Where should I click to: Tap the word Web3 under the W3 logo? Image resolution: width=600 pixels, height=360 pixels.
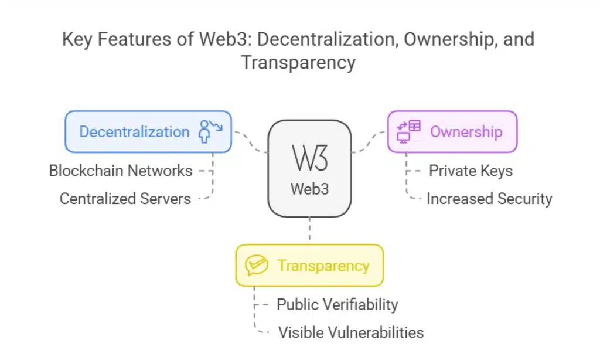coord(309,189)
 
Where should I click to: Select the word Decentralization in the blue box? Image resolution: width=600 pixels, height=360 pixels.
coord(134,132)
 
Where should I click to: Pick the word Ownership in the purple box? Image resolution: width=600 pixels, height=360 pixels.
coord(466,132)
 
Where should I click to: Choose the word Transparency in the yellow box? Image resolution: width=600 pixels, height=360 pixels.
coord(323,266)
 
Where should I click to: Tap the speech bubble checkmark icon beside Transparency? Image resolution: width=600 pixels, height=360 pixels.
coord(256,266)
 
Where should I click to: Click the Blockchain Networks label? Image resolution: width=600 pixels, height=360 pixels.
coord(121,171)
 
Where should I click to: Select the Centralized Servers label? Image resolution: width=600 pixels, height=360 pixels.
coord(125,199)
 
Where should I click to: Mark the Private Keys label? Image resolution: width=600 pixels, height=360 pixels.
coord(471,171)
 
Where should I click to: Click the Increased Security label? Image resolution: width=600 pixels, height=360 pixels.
coord(489,199)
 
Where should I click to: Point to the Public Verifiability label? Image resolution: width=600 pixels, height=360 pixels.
coord(337,304)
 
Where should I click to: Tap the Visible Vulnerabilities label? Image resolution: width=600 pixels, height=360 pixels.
coord(350,332)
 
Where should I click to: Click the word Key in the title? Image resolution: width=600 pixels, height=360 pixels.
coord(78,40)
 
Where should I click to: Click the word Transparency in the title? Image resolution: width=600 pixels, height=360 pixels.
coord(298,62)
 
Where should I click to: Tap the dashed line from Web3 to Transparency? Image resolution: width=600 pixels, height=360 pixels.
coord(309,230)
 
